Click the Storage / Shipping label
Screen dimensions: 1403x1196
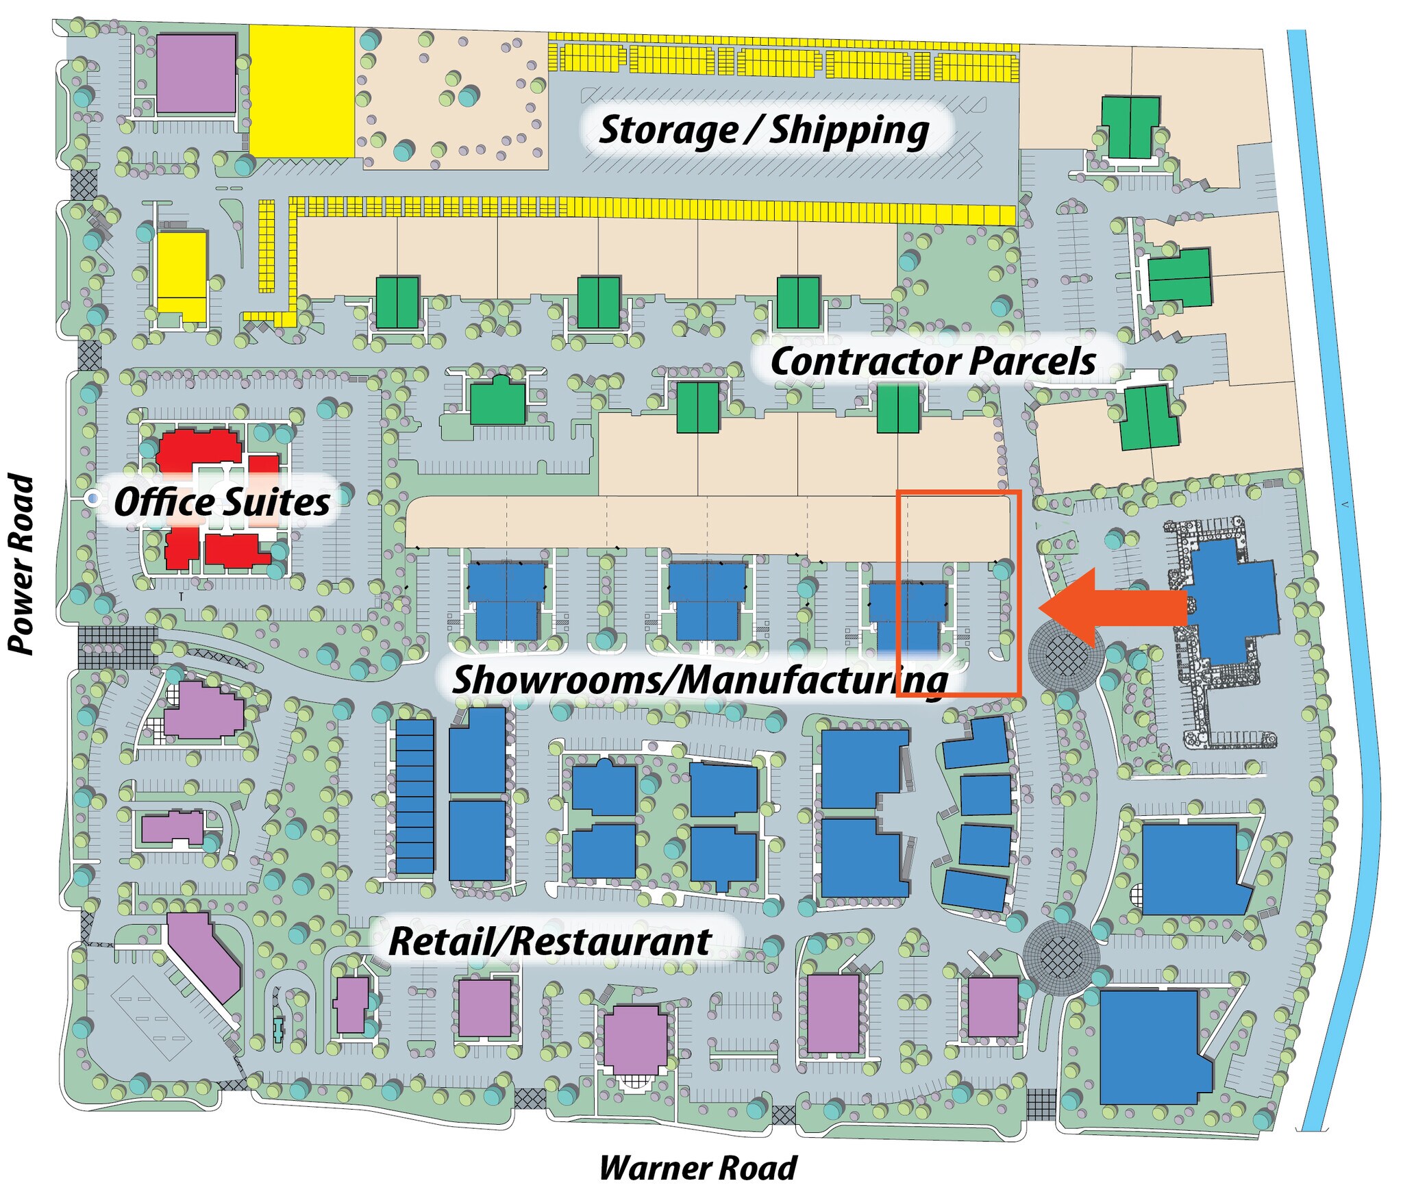(764, 131)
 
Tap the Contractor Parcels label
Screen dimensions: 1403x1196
(933, 362)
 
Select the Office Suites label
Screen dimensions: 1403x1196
(222, 502)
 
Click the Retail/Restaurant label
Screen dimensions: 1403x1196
(549, 941)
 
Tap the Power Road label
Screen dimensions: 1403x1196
(21, 563)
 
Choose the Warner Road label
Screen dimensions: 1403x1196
(697, 1168)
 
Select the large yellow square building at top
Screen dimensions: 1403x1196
(301, 91)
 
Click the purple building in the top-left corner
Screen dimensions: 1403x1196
(197, 73)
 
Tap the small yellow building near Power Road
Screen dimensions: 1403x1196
(182, 276)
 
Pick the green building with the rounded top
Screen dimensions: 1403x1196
(497, 400)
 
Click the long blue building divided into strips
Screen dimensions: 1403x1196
(415, 796)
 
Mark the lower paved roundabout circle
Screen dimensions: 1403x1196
(1061, 958)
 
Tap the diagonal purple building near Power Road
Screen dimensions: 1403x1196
(204, 956)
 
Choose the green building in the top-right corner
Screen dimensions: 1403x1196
(1130, 128)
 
